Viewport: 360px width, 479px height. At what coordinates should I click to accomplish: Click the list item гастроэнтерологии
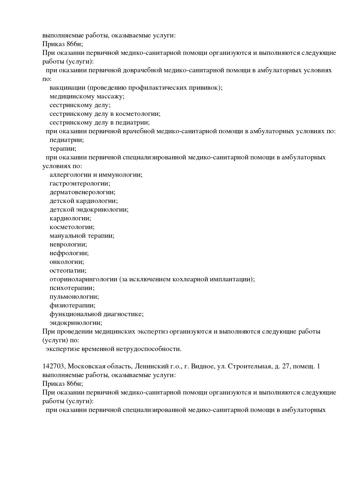[80, 183]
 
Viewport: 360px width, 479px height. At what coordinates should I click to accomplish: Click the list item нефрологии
[69, 253]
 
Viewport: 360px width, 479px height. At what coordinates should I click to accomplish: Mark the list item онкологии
[67, 262]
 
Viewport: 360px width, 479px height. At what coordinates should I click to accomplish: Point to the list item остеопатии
[68, 271]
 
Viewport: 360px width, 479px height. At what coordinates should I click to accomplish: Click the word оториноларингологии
[83, 279]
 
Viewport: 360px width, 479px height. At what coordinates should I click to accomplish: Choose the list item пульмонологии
[74, 297]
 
